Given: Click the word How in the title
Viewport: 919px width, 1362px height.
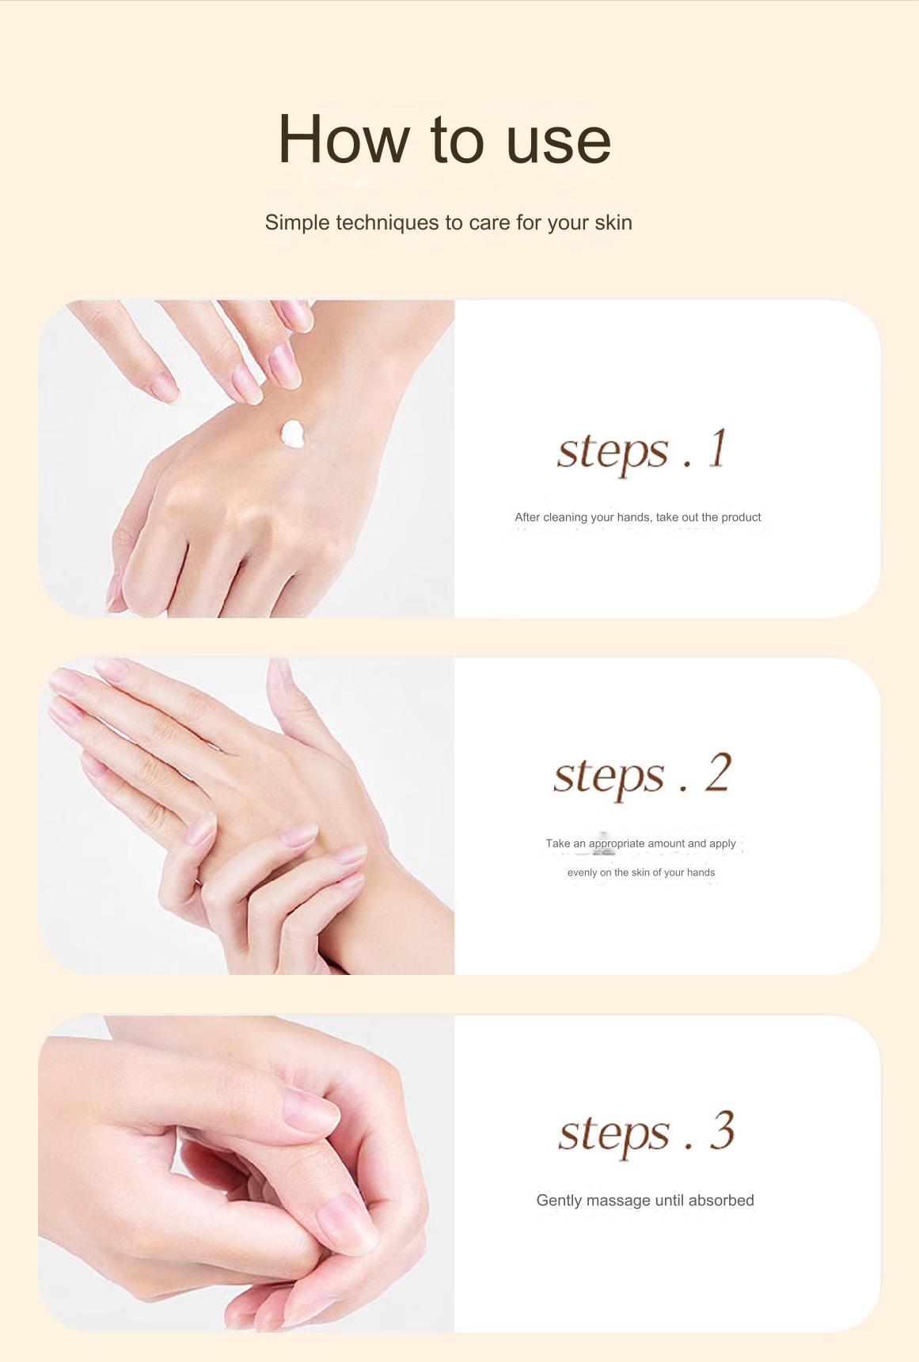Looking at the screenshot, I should coord(343,140).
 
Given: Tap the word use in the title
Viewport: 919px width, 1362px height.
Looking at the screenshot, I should coord(558,140).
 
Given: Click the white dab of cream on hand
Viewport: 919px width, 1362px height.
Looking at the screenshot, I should coord(293,434).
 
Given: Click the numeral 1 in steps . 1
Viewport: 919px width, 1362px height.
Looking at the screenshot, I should coord(716,449).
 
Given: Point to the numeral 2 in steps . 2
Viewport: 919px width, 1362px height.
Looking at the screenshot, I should coord(717,773).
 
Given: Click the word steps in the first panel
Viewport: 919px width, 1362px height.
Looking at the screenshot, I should coord(613,451).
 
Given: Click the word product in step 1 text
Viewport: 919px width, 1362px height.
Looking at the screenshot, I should coord(741,518).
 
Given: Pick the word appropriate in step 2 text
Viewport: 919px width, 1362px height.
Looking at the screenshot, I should coord(616,844).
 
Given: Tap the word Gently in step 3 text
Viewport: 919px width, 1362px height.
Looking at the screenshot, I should coord(559,1201).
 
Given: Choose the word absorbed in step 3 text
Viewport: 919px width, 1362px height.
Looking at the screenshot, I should coord(721,1201).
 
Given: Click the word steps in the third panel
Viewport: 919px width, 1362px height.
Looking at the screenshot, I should coord(614,1133).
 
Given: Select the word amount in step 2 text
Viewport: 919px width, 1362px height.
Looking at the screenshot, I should coord(666,844).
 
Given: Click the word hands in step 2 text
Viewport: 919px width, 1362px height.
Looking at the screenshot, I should coord(701,873).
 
